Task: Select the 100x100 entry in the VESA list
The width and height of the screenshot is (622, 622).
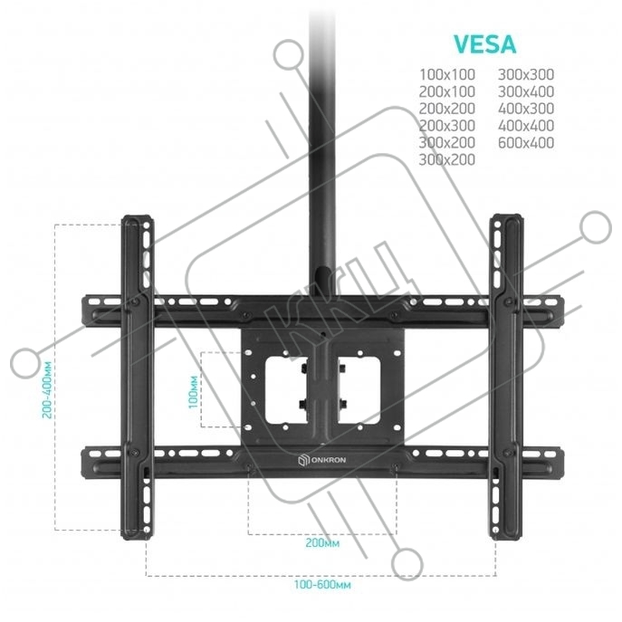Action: tap(445, 74)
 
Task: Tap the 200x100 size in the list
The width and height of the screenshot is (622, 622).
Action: tap(445, 91)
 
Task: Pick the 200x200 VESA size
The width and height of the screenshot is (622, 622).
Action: tap(445, 109)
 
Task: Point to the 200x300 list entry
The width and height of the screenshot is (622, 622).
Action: tap(445, 126)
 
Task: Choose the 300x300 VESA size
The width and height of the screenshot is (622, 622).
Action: tap(524, 74)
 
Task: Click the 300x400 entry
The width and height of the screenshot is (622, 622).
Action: tap(524, 91)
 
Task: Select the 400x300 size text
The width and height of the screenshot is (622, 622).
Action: tap(524, 109)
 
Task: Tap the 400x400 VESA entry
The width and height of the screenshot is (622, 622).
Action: tap(524, 126)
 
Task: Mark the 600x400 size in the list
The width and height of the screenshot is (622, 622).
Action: tap(524, 143)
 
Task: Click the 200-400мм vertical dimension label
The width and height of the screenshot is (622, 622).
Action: tap(44, 378)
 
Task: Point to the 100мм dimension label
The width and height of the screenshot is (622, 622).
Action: tap(191, 389)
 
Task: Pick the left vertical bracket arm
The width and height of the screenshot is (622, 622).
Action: tap(139, 376)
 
